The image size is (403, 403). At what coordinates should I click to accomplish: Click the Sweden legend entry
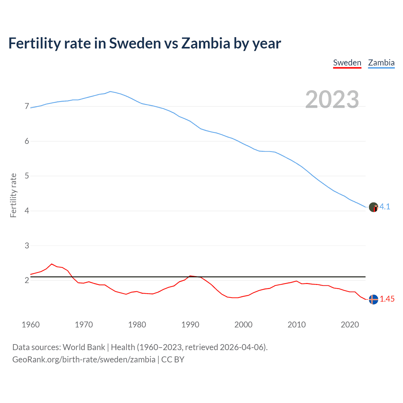coord(347,63)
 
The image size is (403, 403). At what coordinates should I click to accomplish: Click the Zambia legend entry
coord(381,63)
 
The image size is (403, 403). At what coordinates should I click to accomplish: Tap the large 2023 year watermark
coord(332,99)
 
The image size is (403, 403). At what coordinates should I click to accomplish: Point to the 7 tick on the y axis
coord(27,106)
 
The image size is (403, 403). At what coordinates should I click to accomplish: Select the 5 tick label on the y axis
coord(27,176)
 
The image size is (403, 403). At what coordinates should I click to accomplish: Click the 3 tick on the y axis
coord(27,246)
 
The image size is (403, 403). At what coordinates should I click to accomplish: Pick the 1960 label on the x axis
coord(31,325)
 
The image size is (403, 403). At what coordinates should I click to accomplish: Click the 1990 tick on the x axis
coord(190,325)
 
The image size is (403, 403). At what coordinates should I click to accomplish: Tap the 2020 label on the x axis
coord(350,325)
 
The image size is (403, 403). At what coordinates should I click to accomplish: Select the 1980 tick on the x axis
coord(137,325)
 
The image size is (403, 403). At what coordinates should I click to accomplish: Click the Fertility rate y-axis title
coord(13,195)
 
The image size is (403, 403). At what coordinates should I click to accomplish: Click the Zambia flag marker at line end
coord(373,207)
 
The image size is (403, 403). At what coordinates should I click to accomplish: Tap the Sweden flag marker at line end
coord(373,299)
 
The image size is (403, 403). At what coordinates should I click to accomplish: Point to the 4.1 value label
coord(385,207)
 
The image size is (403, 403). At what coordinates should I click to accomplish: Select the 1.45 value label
coord(387,299)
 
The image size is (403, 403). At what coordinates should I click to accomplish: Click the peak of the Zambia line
coord(110,92)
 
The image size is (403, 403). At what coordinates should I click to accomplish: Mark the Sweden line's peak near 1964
coord(52,264)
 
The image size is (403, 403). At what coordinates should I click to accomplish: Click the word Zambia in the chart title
coord(206,43)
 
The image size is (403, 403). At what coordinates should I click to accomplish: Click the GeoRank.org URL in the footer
coord(84,360)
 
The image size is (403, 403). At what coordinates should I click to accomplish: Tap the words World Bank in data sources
coord(84,347)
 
